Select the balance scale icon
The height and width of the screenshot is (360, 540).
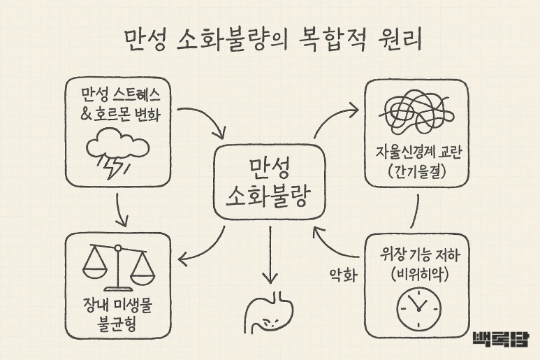tap(117, 266)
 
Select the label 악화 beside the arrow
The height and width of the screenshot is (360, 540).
tap(343, 275)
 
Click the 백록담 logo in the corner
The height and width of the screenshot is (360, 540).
tap(500, 339)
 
